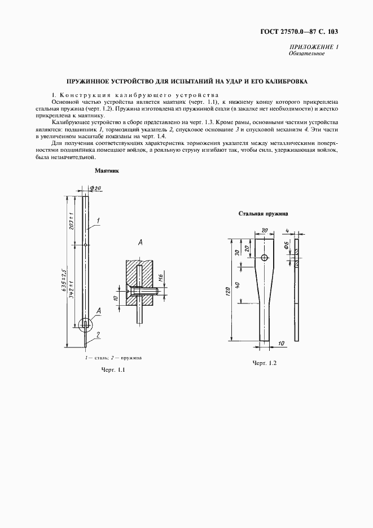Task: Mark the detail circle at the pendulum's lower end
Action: [85, 323]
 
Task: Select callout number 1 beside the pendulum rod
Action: [98, 221]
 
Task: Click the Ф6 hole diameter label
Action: [287, 245]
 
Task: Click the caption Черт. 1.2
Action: [264, 363]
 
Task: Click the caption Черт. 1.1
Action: [112, 370]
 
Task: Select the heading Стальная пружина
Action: [264, 214]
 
